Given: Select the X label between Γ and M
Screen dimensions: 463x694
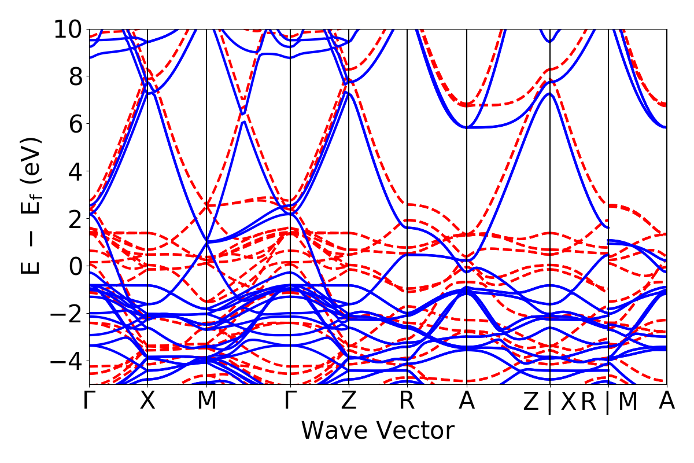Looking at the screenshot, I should coord(148,401).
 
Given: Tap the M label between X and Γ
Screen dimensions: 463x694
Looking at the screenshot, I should coord(206,401).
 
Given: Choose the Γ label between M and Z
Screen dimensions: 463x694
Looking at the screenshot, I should coord(290,401).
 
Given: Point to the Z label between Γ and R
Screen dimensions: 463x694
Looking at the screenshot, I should coord(348,401).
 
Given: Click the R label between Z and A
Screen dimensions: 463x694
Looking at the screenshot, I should coord(407,401).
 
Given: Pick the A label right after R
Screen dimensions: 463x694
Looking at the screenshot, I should coord(466,401).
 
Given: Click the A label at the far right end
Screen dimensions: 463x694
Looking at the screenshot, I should coord(667,401).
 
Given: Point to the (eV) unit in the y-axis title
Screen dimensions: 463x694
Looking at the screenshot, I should coord(32,159).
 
